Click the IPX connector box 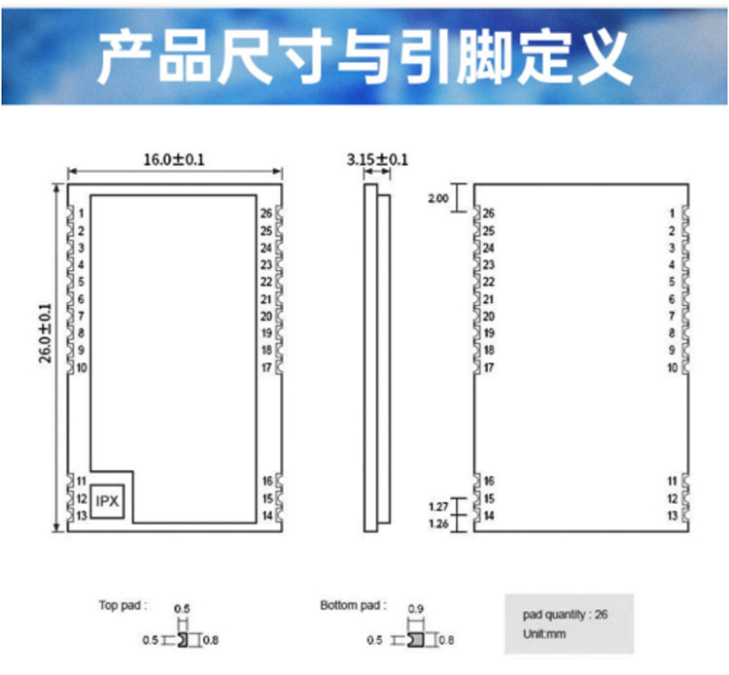(107, 502)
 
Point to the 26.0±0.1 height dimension (45, 333)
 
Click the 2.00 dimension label (438, 198)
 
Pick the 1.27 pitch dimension (438, 506)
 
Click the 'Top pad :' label (122, 605)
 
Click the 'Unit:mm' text (543, 634)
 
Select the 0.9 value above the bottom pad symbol (417, 609)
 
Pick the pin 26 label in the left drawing (265, 214)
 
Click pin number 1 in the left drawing (83, 214)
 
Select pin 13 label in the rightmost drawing (672, 516)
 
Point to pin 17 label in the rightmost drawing (489, 367)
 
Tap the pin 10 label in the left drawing (83, 367)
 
